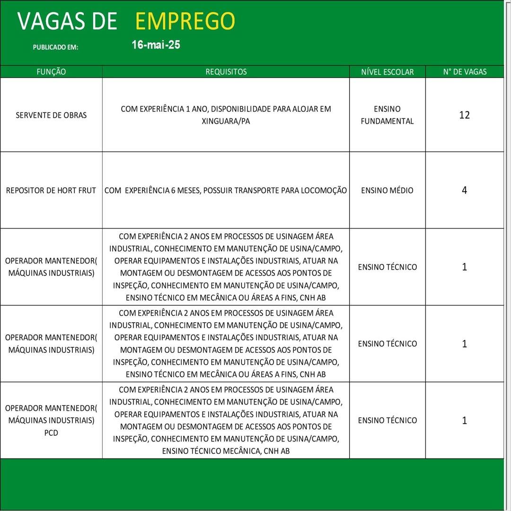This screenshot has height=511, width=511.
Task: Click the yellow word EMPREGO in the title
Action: (185, 21)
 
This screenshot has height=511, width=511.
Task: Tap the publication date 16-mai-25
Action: (156, 45)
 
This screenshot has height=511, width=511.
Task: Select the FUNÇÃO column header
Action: (51, 72)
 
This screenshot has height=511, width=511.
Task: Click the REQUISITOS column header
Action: (226, 72)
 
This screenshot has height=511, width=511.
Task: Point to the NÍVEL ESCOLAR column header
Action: (387, 72)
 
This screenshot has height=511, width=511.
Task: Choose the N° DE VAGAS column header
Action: (465, 72)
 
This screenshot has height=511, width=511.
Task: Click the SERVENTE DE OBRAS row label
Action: (51, 115)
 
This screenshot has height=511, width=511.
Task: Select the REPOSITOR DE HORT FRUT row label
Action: (51, 191)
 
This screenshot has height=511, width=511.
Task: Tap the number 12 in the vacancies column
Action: (464, 115)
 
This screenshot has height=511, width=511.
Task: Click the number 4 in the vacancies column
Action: (464, 190)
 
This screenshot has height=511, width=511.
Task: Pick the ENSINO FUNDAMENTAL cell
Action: (387, 115)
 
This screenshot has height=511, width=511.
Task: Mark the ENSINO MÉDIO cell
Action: (387, 191)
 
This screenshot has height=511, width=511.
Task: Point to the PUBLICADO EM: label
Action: (55, 47)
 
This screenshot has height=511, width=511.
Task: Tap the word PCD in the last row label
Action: (51, 432)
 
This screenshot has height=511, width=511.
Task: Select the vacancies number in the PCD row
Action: (464, 420)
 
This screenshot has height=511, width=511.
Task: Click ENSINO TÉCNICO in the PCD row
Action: (387, 420)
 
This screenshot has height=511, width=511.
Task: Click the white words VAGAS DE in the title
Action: (67, 21)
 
